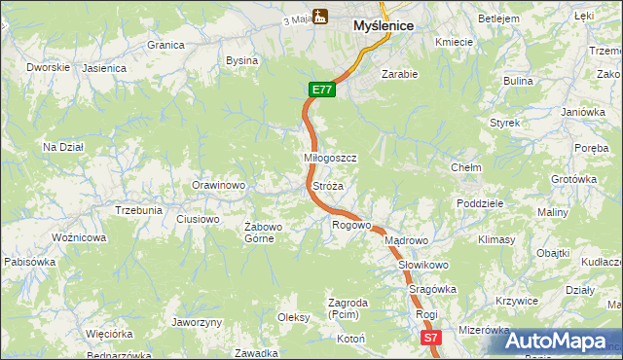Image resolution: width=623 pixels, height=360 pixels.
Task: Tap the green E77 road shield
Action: (323, 90)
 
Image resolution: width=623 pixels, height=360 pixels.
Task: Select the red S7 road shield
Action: (431, 337)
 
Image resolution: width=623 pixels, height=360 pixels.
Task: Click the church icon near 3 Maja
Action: (321, 16)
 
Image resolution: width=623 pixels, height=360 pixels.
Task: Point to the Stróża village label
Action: (327, 185)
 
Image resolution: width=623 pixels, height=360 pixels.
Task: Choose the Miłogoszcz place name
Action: (331, 158)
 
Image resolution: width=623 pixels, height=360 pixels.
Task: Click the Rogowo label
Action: (351, 225)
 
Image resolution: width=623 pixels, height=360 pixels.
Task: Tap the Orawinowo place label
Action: (217, 184)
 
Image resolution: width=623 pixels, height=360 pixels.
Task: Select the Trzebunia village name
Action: (138, 210)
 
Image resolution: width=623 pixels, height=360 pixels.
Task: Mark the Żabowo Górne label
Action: (263, 233)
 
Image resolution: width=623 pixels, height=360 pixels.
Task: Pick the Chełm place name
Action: (466, 167)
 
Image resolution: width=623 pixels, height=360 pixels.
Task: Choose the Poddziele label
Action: (479, 203)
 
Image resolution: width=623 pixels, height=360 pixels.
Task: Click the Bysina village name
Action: (241, 60)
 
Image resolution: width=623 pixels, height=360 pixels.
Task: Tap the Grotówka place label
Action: (573, 179)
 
